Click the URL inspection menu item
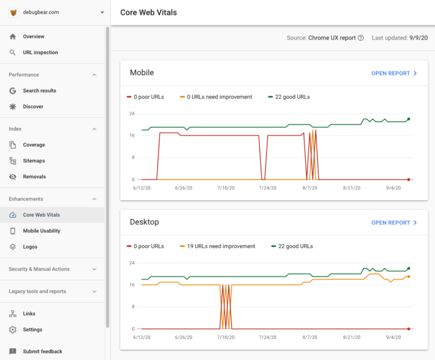point(40,53)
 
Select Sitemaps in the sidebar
point(34,161)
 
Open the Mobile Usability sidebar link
point(41,231)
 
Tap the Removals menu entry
point(34,177)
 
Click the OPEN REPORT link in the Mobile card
point(394,74)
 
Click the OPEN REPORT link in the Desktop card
point(394,223)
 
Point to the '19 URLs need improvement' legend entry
point(217,246)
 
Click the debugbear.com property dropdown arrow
point(102,12)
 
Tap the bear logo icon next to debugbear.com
point(14,12)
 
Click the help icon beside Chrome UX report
point(361,38)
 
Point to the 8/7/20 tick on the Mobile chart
point(310,187)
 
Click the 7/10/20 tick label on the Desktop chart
point(225,337)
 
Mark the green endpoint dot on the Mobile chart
point(408,119)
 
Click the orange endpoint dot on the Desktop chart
point(408,277)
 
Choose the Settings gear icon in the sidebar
point(13,329)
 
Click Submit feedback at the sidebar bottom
point(42,352)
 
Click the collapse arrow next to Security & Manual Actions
point(94,269)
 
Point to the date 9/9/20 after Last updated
point(419,38)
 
